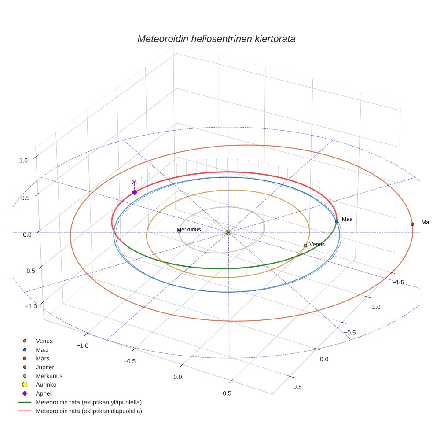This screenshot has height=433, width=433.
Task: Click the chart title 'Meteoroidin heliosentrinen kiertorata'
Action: click(x=216, y=39)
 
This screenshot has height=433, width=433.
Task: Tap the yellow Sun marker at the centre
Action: click(x=228, y=232)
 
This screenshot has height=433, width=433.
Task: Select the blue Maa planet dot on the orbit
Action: click(x=336, y=221)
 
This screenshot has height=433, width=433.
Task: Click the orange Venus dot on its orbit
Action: click(x=305, y=246)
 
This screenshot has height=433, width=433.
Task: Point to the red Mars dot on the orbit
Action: click(x=412, y=224)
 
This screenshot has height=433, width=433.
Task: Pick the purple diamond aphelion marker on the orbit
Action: click(x=135, y=192)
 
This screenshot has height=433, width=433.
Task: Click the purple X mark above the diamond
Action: click(x=134, y=182)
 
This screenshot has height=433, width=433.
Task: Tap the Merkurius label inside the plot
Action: click(x=189, y=229)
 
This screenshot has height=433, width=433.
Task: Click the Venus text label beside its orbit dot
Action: click(x=317, y=244)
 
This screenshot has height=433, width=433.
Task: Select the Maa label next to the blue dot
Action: click(x=347, y=219)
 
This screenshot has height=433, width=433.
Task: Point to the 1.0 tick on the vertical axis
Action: click(x=23, y=161)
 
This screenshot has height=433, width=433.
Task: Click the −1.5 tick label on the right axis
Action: click(x=398, y=282)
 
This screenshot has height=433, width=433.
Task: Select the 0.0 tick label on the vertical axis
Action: click(x=27, y=235)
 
